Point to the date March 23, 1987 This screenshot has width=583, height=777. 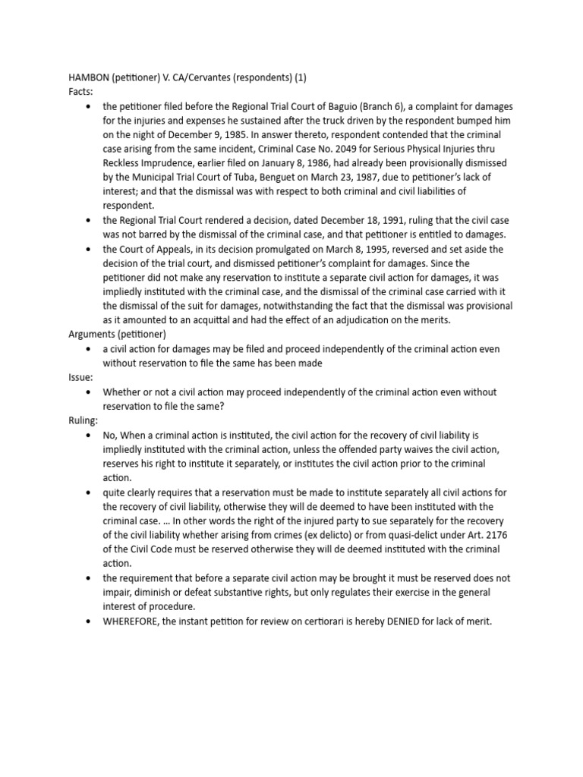[323, 178]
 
